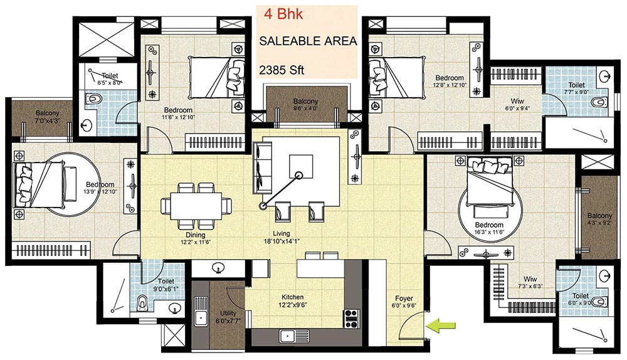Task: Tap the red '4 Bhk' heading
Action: (283, 15)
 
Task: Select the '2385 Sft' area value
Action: (282, 70)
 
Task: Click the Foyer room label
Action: (404, 302)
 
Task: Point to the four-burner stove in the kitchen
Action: (352, 319)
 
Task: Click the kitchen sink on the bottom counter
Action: (293, 336)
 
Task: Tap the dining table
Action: (196, 206)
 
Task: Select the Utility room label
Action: (228, 316)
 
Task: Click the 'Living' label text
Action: (282, 233)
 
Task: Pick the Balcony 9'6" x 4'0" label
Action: (305, 104)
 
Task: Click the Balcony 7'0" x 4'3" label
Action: (47, 117)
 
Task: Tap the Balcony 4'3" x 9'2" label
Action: (599, 219)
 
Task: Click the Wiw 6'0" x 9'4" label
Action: (517, 104)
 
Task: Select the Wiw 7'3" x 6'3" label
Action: (530, 282)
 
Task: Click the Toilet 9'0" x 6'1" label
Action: (166, 285)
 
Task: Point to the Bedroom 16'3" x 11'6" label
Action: (489, 228)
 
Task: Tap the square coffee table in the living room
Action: (301, 166)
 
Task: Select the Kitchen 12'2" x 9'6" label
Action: (293, 300)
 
